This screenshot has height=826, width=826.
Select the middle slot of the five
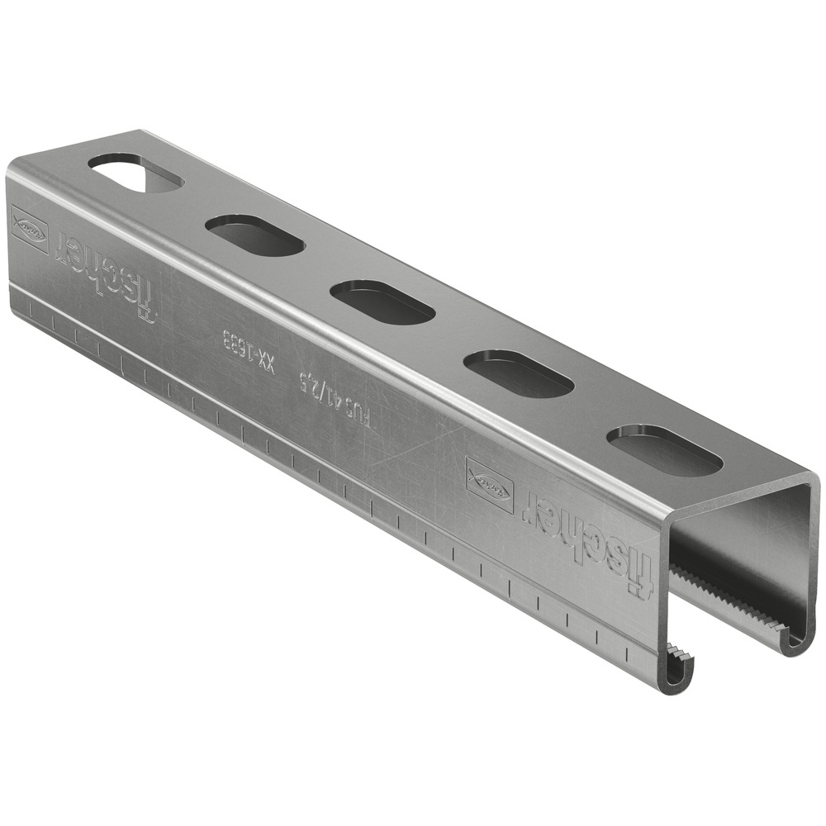click(382, 301)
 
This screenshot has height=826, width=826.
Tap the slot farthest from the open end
click(136, 173)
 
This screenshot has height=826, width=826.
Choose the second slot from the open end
click(519, 373)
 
